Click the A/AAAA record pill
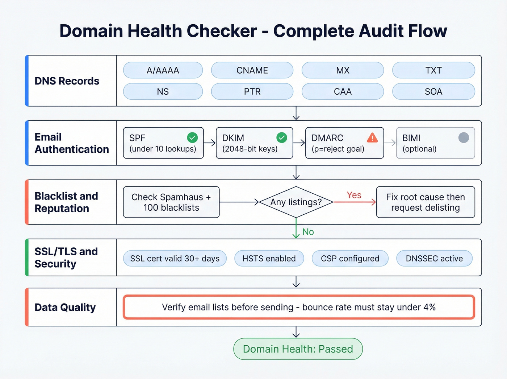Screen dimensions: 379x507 [x=163, y=70]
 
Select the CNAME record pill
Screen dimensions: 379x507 [x=252, y=70]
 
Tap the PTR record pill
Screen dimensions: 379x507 [x=252, y=91]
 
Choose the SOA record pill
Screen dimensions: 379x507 [x=433, y=91]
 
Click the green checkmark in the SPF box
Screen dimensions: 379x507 [x=192, y=137]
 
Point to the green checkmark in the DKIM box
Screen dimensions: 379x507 [x=282, y=137]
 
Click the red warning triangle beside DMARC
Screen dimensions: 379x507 [x=372, y=138]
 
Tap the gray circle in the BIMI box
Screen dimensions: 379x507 [x=464, y=137]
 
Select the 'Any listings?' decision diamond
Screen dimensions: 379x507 [x=296, y=202]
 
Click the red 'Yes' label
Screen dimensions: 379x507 [x=354, y=195]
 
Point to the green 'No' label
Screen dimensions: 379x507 [x=308, y=232]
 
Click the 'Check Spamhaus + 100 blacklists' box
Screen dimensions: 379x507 [x=171, y=202]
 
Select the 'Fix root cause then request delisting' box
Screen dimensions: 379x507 [x=426, y=202]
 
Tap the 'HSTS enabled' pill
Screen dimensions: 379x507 [x=269, y=259]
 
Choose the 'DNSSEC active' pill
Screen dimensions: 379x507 [x=434, y=259]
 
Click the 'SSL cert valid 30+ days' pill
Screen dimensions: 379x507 [x=175, y=259]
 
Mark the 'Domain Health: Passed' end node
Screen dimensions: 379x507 [x=298, y=349]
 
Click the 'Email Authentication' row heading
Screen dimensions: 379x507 [x=72, y=143]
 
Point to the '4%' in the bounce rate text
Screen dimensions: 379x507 [x=430, y=307]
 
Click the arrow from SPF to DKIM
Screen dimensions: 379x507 [x=210, y=143]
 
